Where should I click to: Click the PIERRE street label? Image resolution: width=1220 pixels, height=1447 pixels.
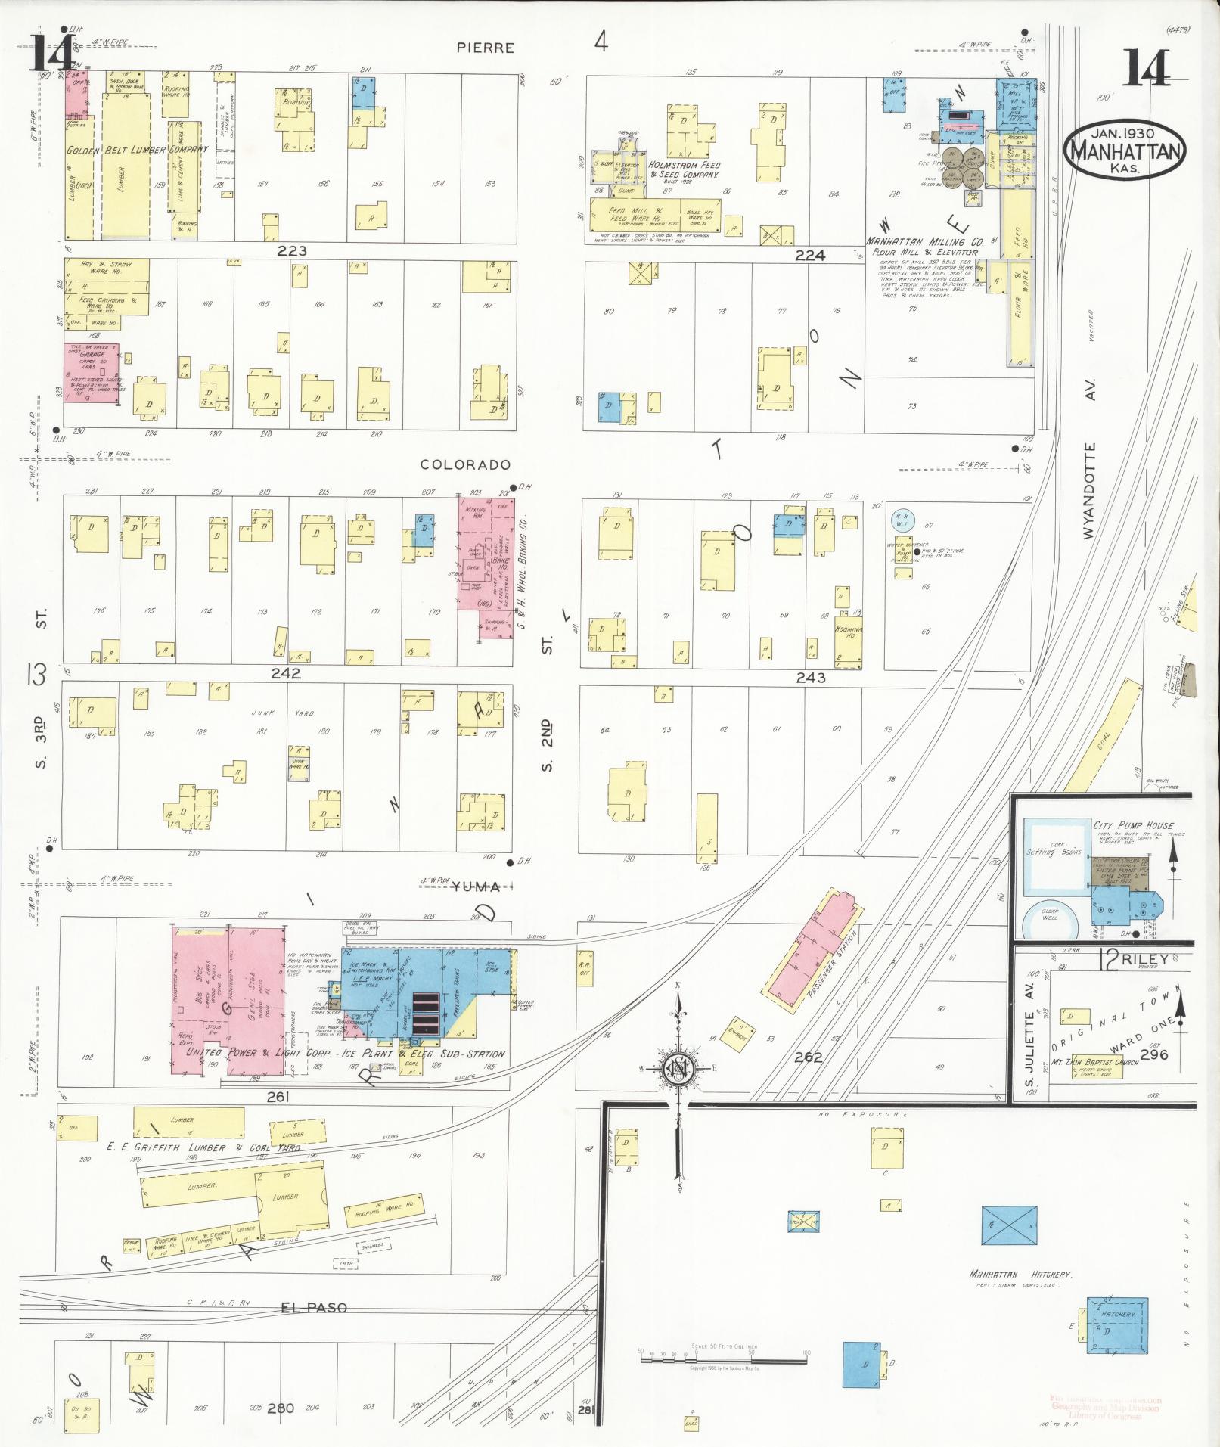click(486, 48)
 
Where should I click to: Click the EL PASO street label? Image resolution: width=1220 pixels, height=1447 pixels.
click(313, 1307)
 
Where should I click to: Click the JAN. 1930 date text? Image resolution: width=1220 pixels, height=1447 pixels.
click(1122, 134)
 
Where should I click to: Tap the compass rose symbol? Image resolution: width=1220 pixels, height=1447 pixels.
click(678, 1069)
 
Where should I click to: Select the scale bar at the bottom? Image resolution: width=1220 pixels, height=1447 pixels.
click(724, 1359)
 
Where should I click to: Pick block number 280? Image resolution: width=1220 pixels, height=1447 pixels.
click(280, 1408)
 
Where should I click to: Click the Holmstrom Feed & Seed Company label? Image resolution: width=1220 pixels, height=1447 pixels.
click(685, 169)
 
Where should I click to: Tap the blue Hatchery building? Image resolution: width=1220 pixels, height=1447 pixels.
click(1117, 1324)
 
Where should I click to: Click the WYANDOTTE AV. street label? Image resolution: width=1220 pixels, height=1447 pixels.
click(1089, 489)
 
